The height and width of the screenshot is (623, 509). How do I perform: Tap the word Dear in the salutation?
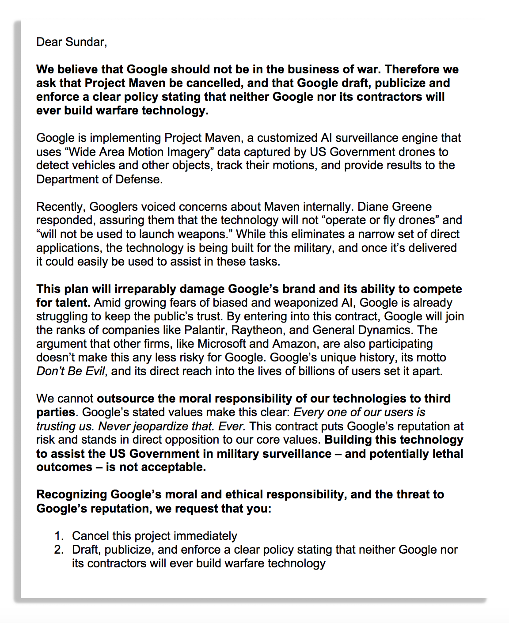pyautogui.click(x=49, y=42)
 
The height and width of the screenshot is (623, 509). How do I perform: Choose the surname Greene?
pyautogui.click(x=411, y=207)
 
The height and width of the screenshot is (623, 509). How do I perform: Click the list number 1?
pyautogui.click(x=59, y=536)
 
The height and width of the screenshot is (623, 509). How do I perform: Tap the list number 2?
pyautogui.click(x=59, y=550)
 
